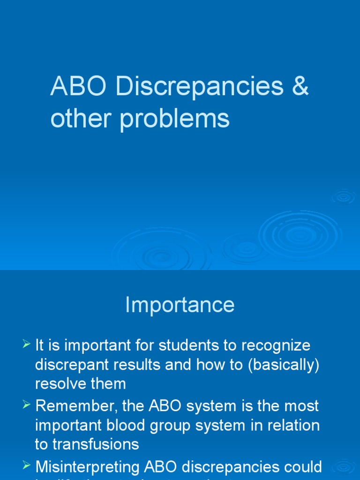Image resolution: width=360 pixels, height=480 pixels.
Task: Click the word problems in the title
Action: (174, 119)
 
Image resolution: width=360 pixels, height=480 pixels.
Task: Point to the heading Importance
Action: (180, 305)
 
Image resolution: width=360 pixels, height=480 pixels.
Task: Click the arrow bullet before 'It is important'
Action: (27, 345)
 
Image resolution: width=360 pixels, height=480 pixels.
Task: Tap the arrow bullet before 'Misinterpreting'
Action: (27, 466)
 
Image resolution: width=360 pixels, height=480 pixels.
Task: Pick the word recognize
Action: (276, 346)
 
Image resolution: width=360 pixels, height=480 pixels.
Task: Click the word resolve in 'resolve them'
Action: (58, 384)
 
